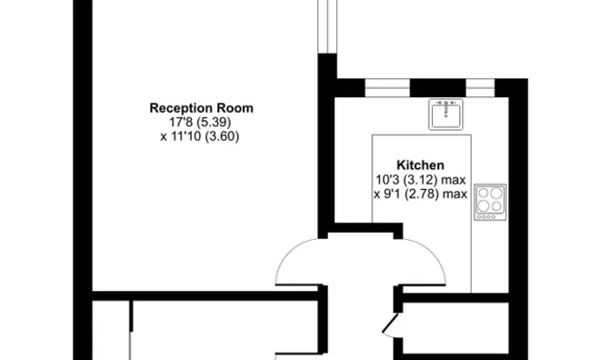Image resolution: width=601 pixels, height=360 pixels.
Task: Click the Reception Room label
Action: tap(201, 108)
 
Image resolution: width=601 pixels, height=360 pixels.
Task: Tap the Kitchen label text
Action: tap(420, 165)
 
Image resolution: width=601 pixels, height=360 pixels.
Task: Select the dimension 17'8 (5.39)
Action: tap(200, 123)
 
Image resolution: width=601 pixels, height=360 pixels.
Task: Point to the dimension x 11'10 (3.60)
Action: tap(200, 136)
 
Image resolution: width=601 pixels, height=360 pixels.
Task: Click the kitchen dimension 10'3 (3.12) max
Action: tap(420, 179)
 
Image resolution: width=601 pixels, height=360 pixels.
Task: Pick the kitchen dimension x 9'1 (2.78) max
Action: tap(420, 194)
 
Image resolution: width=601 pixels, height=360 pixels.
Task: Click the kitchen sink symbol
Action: tap(446, 115)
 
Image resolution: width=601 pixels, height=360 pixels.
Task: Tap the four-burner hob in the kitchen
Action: tap(490, 202)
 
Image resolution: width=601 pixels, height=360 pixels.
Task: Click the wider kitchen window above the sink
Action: tap(387, 88)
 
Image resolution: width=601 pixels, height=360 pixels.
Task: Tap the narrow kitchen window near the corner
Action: tap(480, 88)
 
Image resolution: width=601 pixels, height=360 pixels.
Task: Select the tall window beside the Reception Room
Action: tap(327, 26)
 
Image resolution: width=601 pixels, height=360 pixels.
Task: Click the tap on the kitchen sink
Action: tap(446, 107)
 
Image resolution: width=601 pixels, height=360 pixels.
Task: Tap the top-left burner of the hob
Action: tap(484, 193)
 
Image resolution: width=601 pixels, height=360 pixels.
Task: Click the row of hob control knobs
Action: tap(486, 217)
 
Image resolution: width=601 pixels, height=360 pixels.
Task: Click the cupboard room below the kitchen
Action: tap(456, 327)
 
